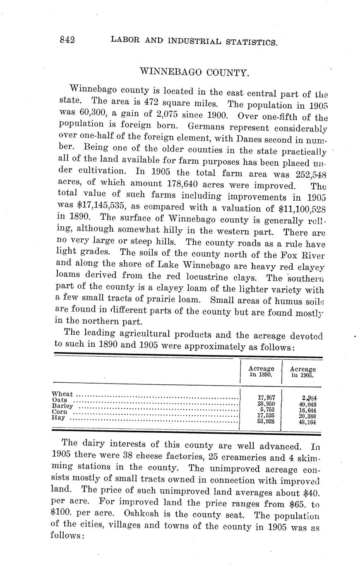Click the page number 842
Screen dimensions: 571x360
click(x=67, y=40)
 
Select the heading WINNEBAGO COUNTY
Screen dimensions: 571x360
click(x=195, y=73)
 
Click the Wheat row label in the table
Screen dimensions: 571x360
click(x=62, y=394)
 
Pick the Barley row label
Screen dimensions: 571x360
click(x=62, y=406)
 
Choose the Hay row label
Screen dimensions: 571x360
click(x=59, y=418)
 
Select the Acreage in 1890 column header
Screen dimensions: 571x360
click(x=261, y=371)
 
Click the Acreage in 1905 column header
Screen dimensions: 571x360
click(x=302, y=372)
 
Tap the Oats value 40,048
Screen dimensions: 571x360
click(x=307, y=404)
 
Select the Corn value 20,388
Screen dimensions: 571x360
click(x=307, y=416)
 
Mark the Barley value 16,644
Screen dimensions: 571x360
click(x=307, y=410)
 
